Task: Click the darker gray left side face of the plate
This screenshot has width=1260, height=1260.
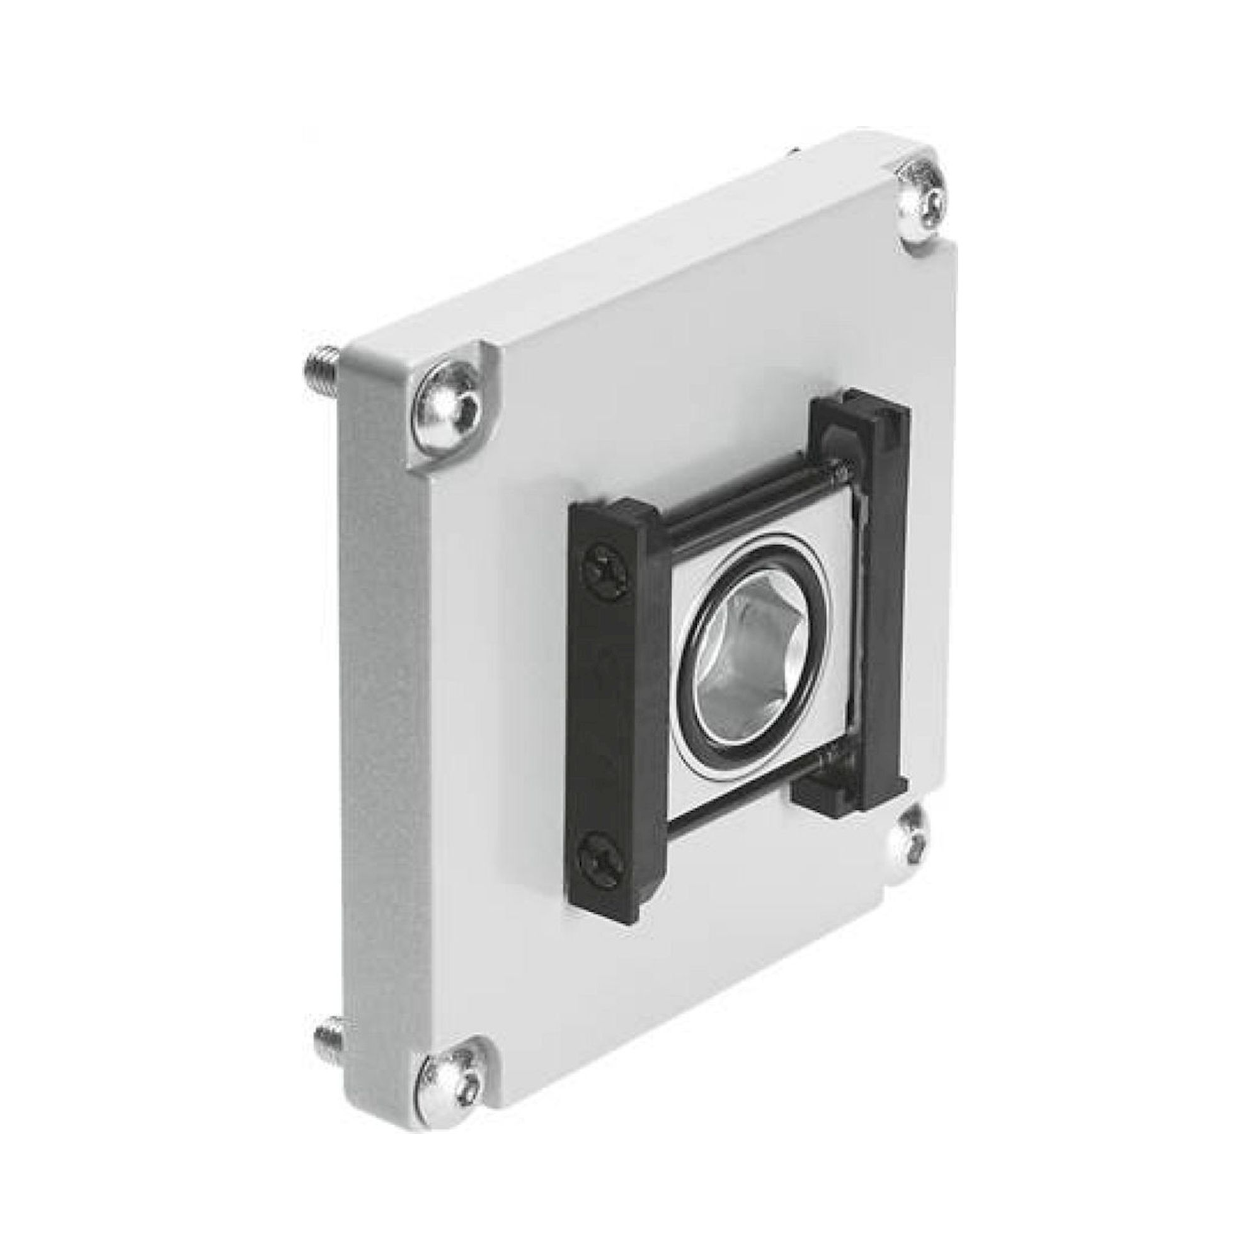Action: coord(378,718)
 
